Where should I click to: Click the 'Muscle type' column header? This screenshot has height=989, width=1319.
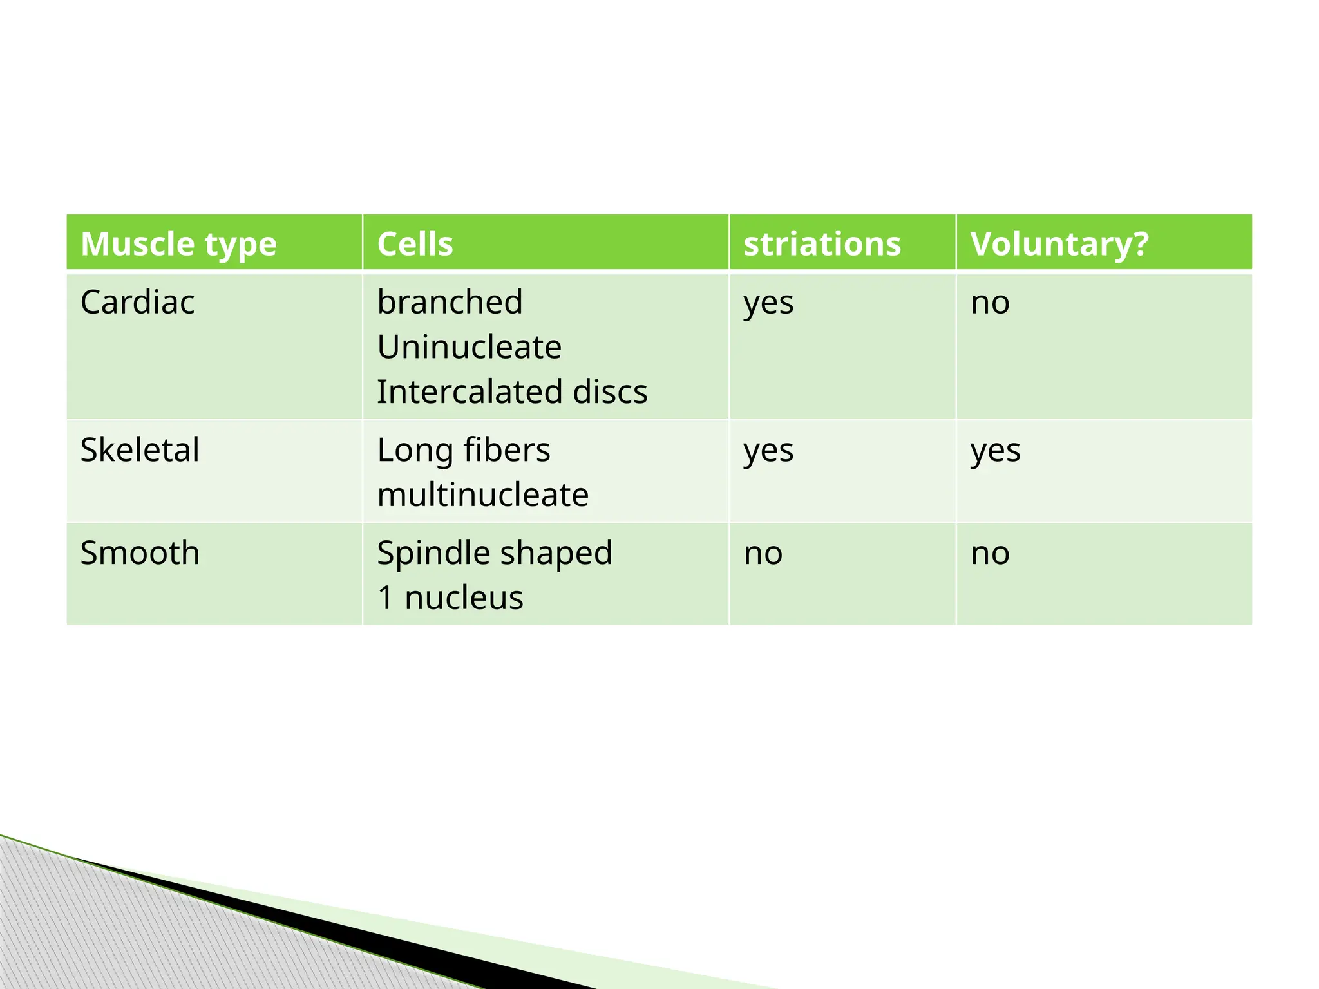coord(178,244)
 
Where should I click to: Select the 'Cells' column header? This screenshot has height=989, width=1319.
coord(415,244)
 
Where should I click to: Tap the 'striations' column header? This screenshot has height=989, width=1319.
coord(822,244)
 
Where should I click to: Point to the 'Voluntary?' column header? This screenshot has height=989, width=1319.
coord(1059,244)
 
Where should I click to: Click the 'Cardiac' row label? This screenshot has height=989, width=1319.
coord(137,302)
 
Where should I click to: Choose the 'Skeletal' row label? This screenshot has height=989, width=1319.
coord(140,449)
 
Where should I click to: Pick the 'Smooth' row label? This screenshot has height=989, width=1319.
coord(140,552)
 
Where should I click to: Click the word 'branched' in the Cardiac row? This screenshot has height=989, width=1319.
coord(450,302)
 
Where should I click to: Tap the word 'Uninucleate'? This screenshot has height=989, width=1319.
coord(469,347)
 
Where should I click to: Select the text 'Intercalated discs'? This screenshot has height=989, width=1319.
coord(512,391)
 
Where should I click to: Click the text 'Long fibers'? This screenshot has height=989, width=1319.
coord(464,449)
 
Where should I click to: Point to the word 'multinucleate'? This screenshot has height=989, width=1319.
coord(482,494)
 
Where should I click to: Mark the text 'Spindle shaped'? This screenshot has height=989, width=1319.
coord(494,552)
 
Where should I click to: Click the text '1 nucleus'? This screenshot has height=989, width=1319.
coord(450,598)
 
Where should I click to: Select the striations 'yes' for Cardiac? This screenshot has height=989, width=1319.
coord(768,303)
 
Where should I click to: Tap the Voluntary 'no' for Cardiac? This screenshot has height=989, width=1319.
coord(990,303)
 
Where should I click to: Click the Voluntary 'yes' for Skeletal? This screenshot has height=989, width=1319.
coord(995,451)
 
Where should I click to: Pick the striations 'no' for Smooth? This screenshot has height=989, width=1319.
coord(763,554)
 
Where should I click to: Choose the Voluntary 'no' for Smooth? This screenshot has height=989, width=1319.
coord(990,554)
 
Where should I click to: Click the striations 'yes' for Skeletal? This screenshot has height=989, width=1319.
coord(768,451)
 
